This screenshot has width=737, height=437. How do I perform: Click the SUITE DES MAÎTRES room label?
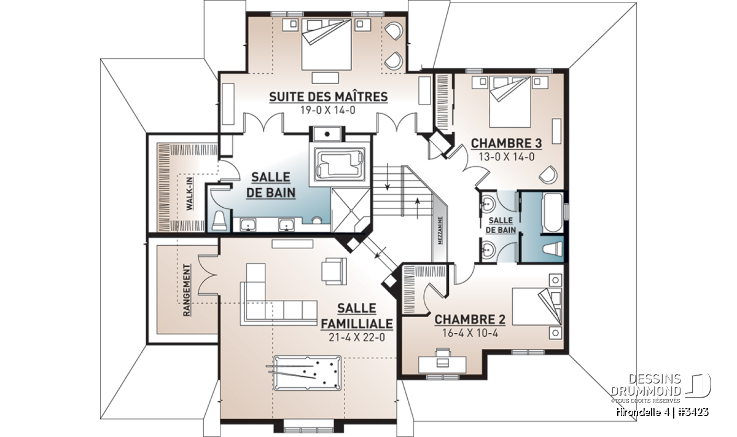tap(329, 97)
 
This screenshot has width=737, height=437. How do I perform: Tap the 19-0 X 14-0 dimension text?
tap(328, 110)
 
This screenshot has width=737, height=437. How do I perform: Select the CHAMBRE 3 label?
tap(506, 144)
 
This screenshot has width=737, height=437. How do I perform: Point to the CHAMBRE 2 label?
tap(470, 320)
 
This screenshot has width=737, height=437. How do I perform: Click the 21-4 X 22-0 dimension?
tap(357, 337)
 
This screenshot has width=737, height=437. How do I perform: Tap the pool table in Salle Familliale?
tap(307, 372)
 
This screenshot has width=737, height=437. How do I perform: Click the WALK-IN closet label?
tap(190, 194)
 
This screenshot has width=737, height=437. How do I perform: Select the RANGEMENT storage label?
tap(187, 290)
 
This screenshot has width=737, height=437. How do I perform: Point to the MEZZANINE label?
tap(440, 230)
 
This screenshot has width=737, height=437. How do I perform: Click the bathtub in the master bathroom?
tap(340, 164)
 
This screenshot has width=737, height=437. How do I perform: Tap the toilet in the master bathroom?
tap(219, 220)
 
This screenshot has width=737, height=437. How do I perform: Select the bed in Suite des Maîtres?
tap(326, 44)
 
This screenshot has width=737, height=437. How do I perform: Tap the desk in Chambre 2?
tap(442, 364)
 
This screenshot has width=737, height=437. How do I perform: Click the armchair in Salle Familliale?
tap(334, 271)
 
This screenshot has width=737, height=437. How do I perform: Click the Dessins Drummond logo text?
tap(646, 385)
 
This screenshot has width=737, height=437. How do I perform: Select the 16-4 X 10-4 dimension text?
tap(470, 333)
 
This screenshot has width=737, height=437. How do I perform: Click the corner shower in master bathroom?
tap(351, 210)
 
